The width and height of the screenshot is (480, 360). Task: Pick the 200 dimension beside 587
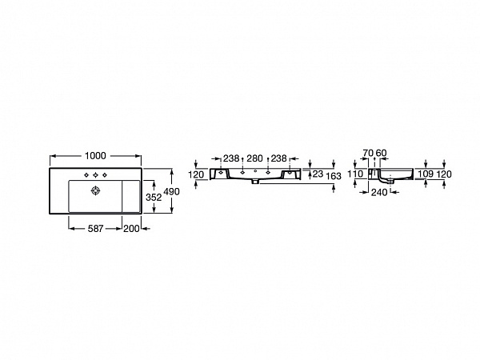click(x=131, y=229)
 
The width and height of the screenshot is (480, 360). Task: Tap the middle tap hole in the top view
click(x=97, y=175)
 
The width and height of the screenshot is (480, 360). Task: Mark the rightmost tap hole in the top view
click(x=106, y=175)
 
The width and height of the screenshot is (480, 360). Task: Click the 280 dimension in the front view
click(x=254, y=158)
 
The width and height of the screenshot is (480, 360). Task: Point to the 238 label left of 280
click(x=231, y=158)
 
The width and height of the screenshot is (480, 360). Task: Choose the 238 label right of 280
click(x=278, y=158)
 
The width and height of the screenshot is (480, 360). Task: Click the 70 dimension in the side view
click(x=367, y=152)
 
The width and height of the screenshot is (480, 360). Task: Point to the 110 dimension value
click(x=357, y=174)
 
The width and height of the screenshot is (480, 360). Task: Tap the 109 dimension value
click(x=425, y=174)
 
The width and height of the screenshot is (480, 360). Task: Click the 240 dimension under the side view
click(x=379, y=192)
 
